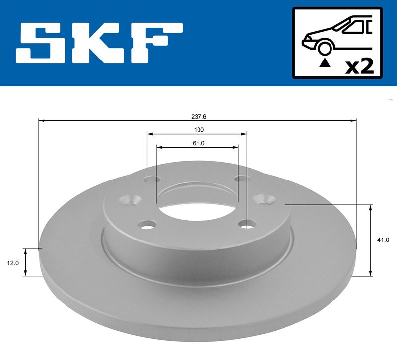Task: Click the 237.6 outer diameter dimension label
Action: tap(199, 117)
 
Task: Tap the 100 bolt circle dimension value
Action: tap(199, 130)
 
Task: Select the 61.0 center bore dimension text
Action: tap(198, 143)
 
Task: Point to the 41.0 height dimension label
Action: tap(383, 240)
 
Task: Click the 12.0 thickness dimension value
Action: tap(13, 263)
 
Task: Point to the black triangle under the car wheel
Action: tap(325, 63)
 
